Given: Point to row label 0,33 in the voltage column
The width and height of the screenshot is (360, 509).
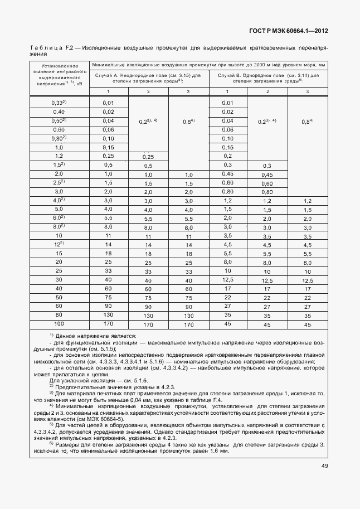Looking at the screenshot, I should coord(57,103).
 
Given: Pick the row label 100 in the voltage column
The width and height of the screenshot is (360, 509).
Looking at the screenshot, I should coord(59,323).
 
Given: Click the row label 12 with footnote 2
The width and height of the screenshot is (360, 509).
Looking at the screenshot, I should coord(59,244).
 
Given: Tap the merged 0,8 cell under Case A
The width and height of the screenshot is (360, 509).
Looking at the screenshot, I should coord(188,121).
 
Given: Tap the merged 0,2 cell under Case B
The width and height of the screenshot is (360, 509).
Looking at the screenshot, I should coord(267,121).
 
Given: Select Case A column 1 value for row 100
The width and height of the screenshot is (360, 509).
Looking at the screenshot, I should coord(108,323).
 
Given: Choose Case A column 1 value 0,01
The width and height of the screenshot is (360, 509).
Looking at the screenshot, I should coord(108,103).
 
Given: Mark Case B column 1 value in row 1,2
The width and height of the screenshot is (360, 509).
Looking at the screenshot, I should coord(227,156).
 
